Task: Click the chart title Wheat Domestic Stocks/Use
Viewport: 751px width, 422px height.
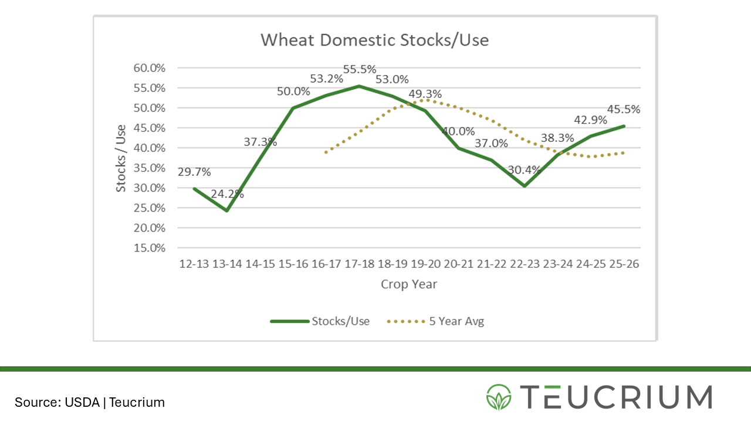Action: pyautogui.click(x=374, y=40)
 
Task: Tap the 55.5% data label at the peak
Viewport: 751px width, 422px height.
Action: pyautogui.click(x=360, y=69)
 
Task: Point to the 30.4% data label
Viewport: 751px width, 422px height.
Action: pyautogui.click(x=525, y=170)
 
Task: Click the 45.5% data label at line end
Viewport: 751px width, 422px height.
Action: pyautogui.click(x=624, y=109)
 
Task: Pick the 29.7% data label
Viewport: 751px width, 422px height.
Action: pyautogui.click(x=194, y=172)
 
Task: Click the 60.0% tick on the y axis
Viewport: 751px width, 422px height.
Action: pyautogui.click(x=150, y=68)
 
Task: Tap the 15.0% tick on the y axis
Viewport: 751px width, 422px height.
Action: pyautogui.click(x=150, y=248)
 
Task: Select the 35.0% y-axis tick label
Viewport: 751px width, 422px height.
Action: pyautogui.click(x=150, y=168)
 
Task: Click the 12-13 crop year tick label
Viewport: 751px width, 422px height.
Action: pyautogui.click(x=194, y=264)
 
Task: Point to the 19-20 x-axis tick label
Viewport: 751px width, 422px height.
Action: pyautogui.click(x=425, y=264)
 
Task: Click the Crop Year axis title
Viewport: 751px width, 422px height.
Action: pyautogui.click(x=409, y=284)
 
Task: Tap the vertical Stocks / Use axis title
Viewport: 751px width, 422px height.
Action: pyautogui.click(x=121, y=158)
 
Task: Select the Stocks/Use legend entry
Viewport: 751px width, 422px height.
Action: pyautogui.click(x=340, y=321)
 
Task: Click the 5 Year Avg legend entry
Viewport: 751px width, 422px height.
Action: pyautogui.click(x=456, y=321)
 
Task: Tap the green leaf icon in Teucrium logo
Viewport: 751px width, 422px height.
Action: pyautogui.click(x=499, y=397)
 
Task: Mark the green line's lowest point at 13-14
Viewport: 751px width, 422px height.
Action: pyautogui.click(x=226, y=210)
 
